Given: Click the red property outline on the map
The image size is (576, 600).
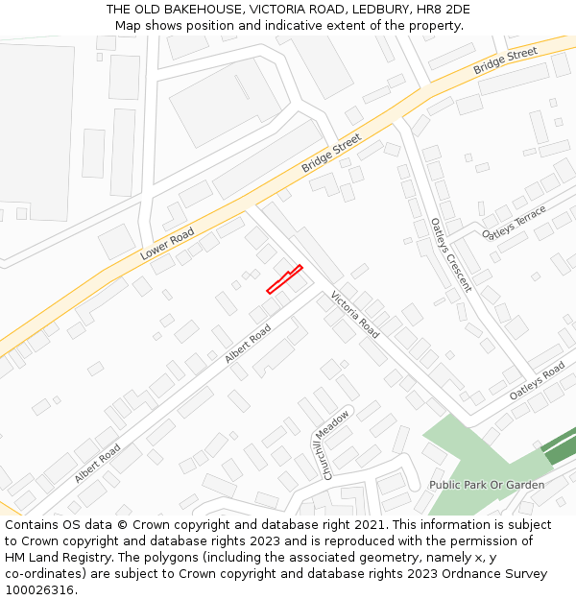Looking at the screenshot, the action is (x=284, y=279).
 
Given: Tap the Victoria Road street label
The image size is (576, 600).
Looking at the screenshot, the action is (x=355, y=313).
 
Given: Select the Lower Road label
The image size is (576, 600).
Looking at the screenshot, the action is (x=167, y=245).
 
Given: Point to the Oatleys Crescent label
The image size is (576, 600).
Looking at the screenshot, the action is (x=451, y=253).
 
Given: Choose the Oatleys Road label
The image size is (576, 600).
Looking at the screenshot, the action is (x=538, y=382).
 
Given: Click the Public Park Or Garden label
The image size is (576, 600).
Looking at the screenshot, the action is (x=487, y=485).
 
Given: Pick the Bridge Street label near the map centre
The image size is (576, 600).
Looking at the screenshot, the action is (x=331, y=153).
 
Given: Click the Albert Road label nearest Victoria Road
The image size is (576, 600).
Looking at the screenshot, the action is (x=248, y=343).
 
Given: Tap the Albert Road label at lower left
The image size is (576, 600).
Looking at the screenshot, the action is (x=97, y=463).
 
